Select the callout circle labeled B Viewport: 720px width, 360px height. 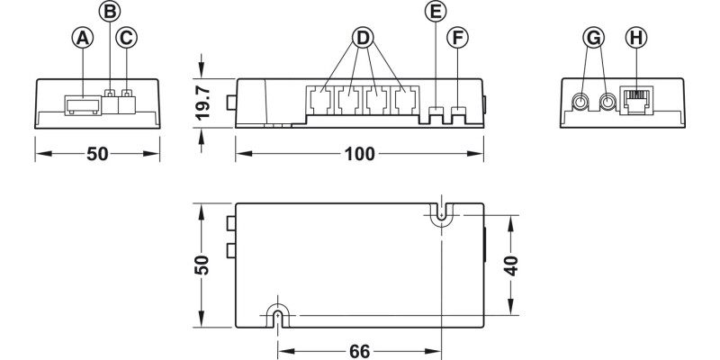(110, 12)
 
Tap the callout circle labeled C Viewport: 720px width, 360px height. (127, 38)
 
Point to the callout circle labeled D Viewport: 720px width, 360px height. (363, 38)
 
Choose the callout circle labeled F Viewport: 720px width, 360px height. (459, 38)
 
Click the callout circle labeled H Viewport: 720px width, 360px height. (635, 38)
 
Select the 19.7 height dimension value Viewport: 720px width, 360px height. (203, 103)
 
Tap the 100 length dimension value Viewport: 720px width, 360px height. (360, 154)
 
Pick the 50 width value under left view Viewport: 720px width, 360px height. (97, 154)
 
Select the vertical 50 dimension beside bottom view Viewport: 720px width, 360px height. (203, 265)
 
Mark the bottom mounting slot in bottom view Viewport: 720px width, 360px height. (277, 314)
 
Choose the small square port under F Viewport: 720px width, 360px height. (459, 113)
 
